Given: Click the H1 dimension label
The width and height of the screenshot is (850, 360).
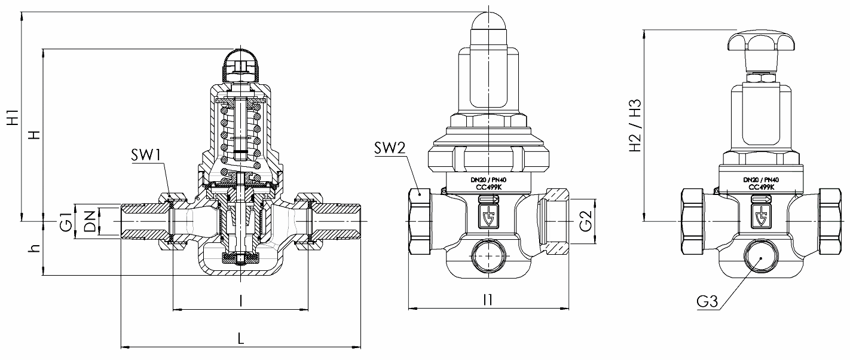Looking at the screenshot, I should [x=13, y=117].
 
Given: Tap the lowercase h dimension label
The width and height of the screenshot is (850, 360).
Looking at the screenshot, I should [x=36, y=248].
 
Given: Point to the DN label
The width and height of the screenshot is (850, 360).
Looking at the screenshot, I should [x=89, y=222].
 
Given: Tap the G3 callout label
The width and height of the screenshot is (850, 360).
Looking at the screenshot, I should [x=708, y=303].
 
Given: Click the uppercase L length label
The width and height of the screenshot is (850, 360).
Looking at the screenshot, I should [x=240, y=338].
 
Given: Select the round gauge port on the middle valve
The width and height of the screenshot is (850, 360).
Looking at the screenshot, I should [x=489, y=257].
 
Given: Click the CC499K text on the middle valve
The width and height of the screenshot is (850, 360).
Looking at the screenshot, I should [x=489, y=187].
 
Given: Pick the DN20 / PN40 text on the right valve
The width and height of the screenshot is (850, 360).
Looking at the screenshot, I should [x=761, y=179].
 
